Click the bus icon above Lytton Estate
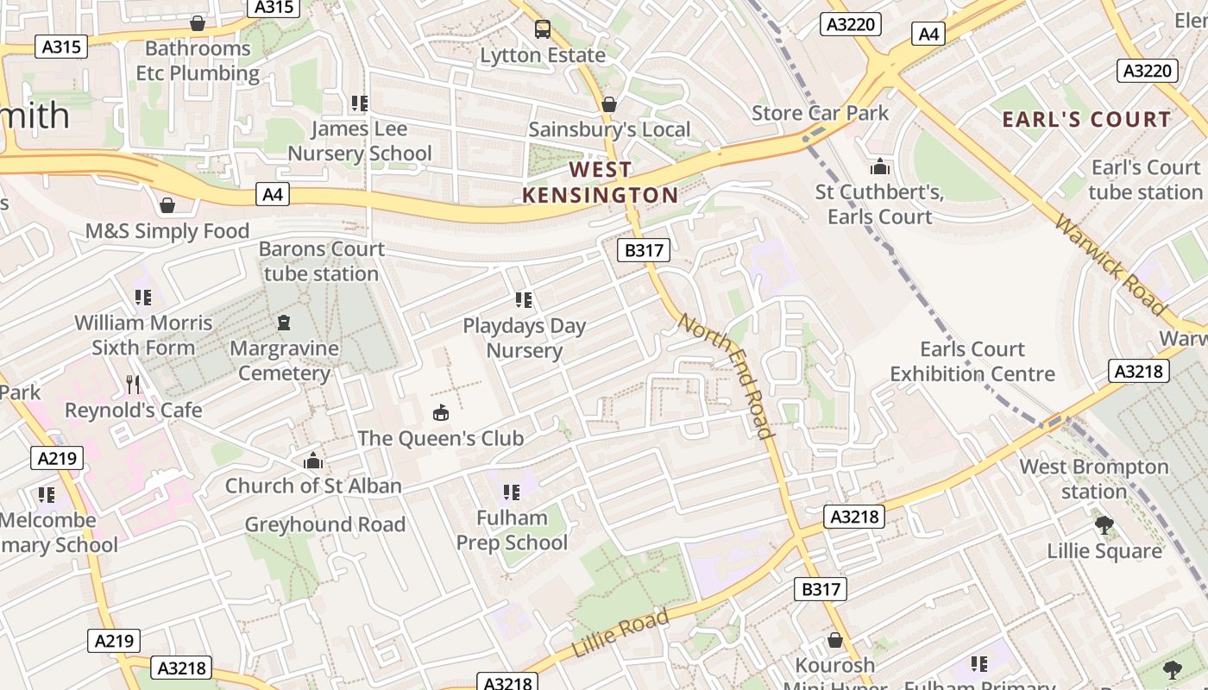[x=542, y=29]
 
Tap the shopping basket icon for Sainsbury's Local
[x=609, y=104]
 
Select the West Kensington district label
[x=601, y=182]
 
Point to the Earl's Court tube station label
[x=1145, y=179]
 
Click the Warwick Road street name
[x=1110, y=264]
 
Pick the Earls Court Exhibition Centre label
[x=972, y=361]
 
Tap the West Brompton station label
[x=1094, y=479]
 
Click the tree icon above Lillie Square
[x=1104, y=524]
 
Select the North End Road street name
[x=725, y=375]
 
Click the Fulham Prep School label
[x=512, y=530]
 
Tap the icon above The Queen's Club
[x=441, y=412]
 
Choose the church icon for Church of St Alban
[x=313, y=461]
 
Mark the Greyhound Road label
[x=324, y=524]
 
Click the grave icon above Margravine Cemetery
[x=284, y=323]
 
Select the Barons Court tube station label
[x=321, y=261]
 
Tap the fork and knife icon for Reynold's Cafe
[x=132, y=384]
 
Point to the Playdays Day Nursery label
[x=524, y=338]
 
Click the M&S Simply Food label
[x=167, y=231]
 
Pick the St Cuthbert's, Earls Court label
[x=879, y=204]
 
